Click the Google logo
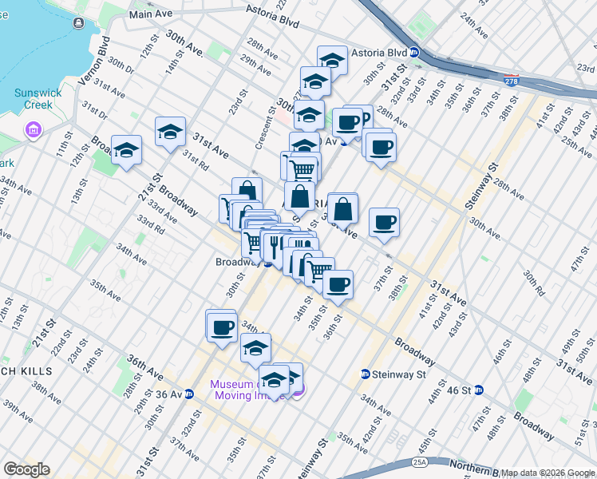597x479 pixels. coord(26,469)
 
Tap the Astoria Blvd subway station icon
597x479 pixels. coord(415,53)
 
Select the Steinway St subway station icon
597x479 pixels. coord(365,374)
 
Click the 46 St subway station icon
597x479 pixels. coord(479,390)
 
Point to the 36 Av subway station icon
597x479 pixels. coord(189,394)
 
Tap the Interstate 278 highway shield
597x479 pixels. coord(512,80)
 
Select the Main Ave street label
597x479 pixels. coord(151,14)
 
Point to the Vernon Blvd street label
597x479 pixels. coord(103,52)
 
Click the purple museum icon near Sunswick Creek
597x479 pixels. coord(33,129)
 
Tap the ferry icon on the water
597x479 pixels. coord(78,22)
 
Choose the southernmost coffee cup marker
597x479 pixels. coord(221,326)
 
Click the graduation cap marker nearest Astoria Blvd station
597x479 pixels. coord(332,61)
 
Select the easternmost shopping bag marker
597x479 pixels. coord(342,209)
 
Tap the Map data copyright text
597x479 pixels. coord(548,473)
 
